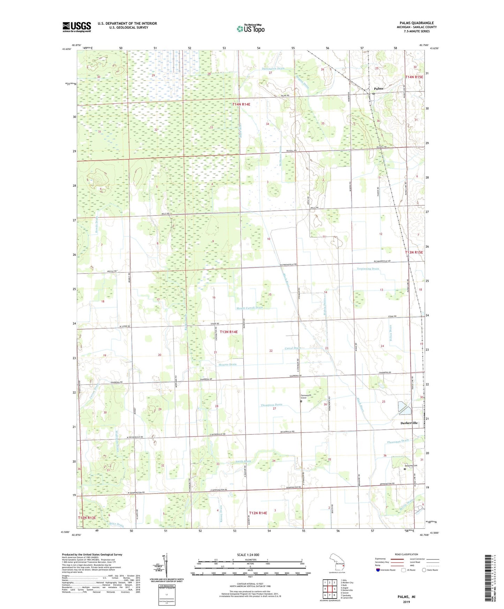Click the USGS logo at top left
(x=76, y=27)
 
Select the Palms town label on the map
(x=378, y=89)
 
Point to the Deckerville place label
(x=408, y=423)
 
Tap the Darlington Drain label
(x=273, y=69)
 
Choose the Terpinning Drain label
(x=368, y=269)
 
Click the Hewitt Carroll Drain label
(x=249, y=308)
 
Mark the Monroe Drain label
(x=227, y=364)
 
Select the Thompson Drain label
(x=271, y=405)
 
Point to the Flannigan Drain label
(x=398, y=441)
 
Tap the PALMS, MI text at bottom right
(x=406, y=597)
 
